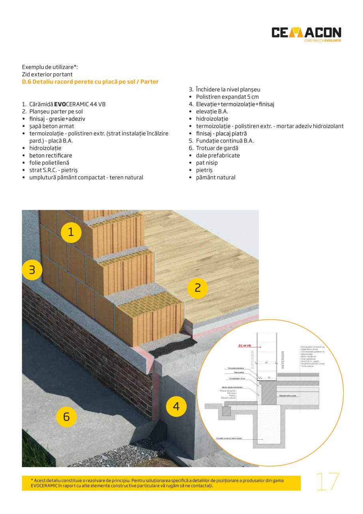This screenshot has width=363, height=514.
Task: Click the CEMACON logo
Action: tap(306, 33)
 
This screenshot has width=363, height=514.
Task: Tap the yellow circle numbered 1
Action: tap(71, 232)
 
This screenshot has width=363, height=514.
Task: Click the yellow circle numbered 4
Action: tap(176, 406)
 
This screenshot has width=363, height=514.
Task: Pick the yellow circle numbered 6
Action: tap(66, 416)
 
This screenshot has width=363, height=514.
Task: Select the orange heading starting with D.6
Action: tap(90, 82)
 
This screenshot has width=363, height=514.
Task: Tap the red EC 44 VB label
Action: tap(245, 346)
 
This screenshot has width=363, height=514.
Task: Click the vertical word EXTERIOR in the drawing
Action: tap(253, 360)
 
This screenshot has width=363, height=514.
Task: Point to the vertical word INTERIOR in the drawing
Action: tap(283, 360)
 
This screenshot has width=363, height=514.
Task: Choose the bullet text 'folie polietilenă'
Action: tap(49, 163)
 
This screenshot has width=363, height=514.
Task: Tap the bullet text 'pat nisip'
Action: tap(207, 163)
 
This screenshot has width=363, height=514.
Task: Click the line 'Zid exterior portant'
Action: tap(47, 74)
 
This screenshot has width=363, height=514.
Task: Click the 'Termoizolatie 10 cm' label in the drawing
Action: tap(237, 378)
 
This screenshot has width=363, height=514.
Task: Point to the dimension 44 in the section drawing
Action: tap(266, 362)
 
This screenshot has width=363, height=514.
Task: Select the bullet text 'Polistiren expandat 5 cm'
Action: tap(227, 97)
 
